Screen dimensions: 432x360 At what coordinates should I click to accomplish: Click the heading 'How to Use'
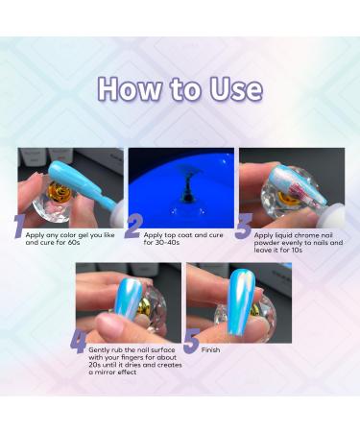click(x=180, y=88)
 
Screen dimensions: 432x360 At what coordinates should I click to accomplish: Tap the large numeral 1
click(x=18, y=227)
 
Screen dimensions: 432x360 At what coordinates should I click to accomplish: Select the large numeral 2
click(x=133, y=227)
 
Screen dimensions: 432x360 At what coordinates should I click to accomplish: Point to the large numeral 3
click(x=243, y=227)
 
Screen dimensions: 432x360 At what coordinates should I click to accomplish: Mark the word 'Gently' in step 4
click(x=102, y=351)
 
